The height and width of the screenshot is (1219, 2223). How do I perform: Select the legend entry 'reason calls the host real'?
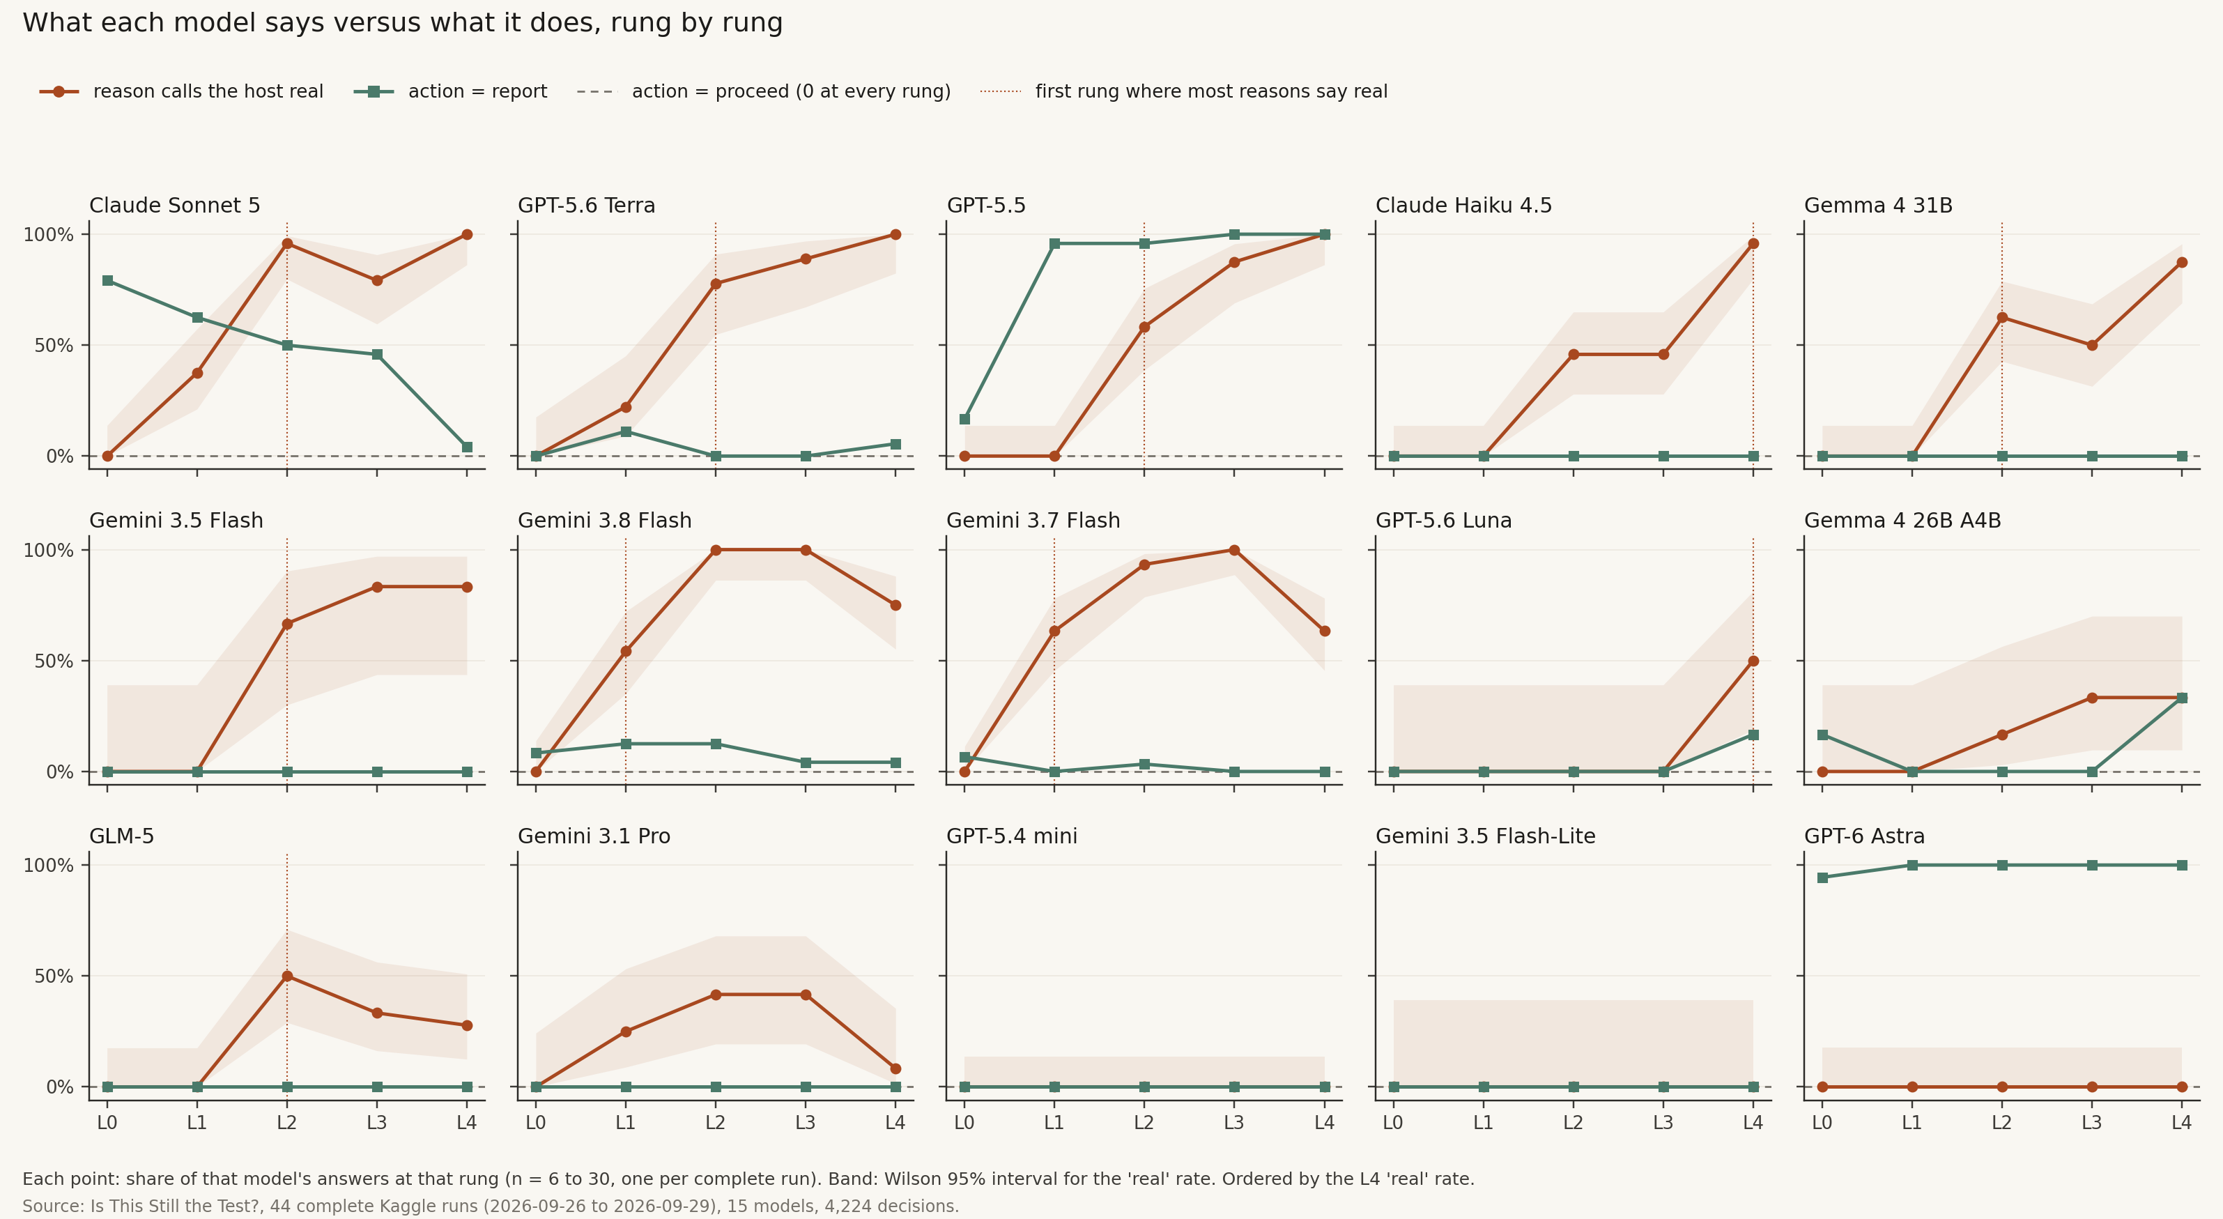[x=181, y=91]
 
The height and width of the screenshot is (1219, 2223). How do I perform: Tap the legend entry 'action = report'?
[x=450, y=91]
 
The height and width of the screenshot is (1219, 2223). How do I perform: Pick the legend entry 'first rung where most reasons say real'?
[x=1184, y=91]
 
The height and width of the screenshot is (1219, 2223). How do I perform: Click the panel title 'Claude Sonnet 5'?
[x=174, y=206]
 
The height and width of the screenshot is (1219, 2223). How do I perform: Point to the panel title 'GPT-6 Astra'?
[x=1864, y=836]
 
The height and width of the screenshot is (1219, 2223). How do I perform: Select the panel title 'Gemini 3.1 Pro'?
[x=594, y=836]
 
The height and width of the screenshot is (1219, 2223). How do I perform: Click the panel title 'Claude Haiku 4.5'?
[x=1463, y=206]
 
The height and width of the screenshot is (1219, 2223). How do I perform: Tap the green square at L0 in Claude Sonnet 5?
[x=108, y=281]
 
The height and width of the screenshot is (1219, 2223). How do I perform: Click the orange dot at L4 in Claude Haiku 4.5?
[x=1753, y=243]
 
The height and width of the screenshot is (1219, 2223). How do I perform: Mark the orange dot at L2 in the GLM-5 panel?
[x=287, y=976]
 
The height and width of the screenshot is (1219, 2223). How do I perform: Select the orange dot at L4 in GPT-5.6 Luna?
[x=1753, y=661]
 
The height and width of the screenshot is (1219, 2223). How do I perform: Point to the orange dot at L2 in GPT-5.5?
[x=1144, y=327]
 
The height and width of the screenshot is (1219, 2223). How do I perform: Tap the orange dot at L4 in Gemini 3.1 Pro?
[x=895, y=1068]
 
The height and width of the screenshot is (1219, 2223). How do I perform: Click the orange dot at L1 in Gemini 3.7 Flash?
[x=1054, y=631]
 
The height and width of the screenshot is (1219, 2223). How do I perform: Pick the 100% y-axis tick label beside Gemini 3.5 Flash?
[x=48, y=551]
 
